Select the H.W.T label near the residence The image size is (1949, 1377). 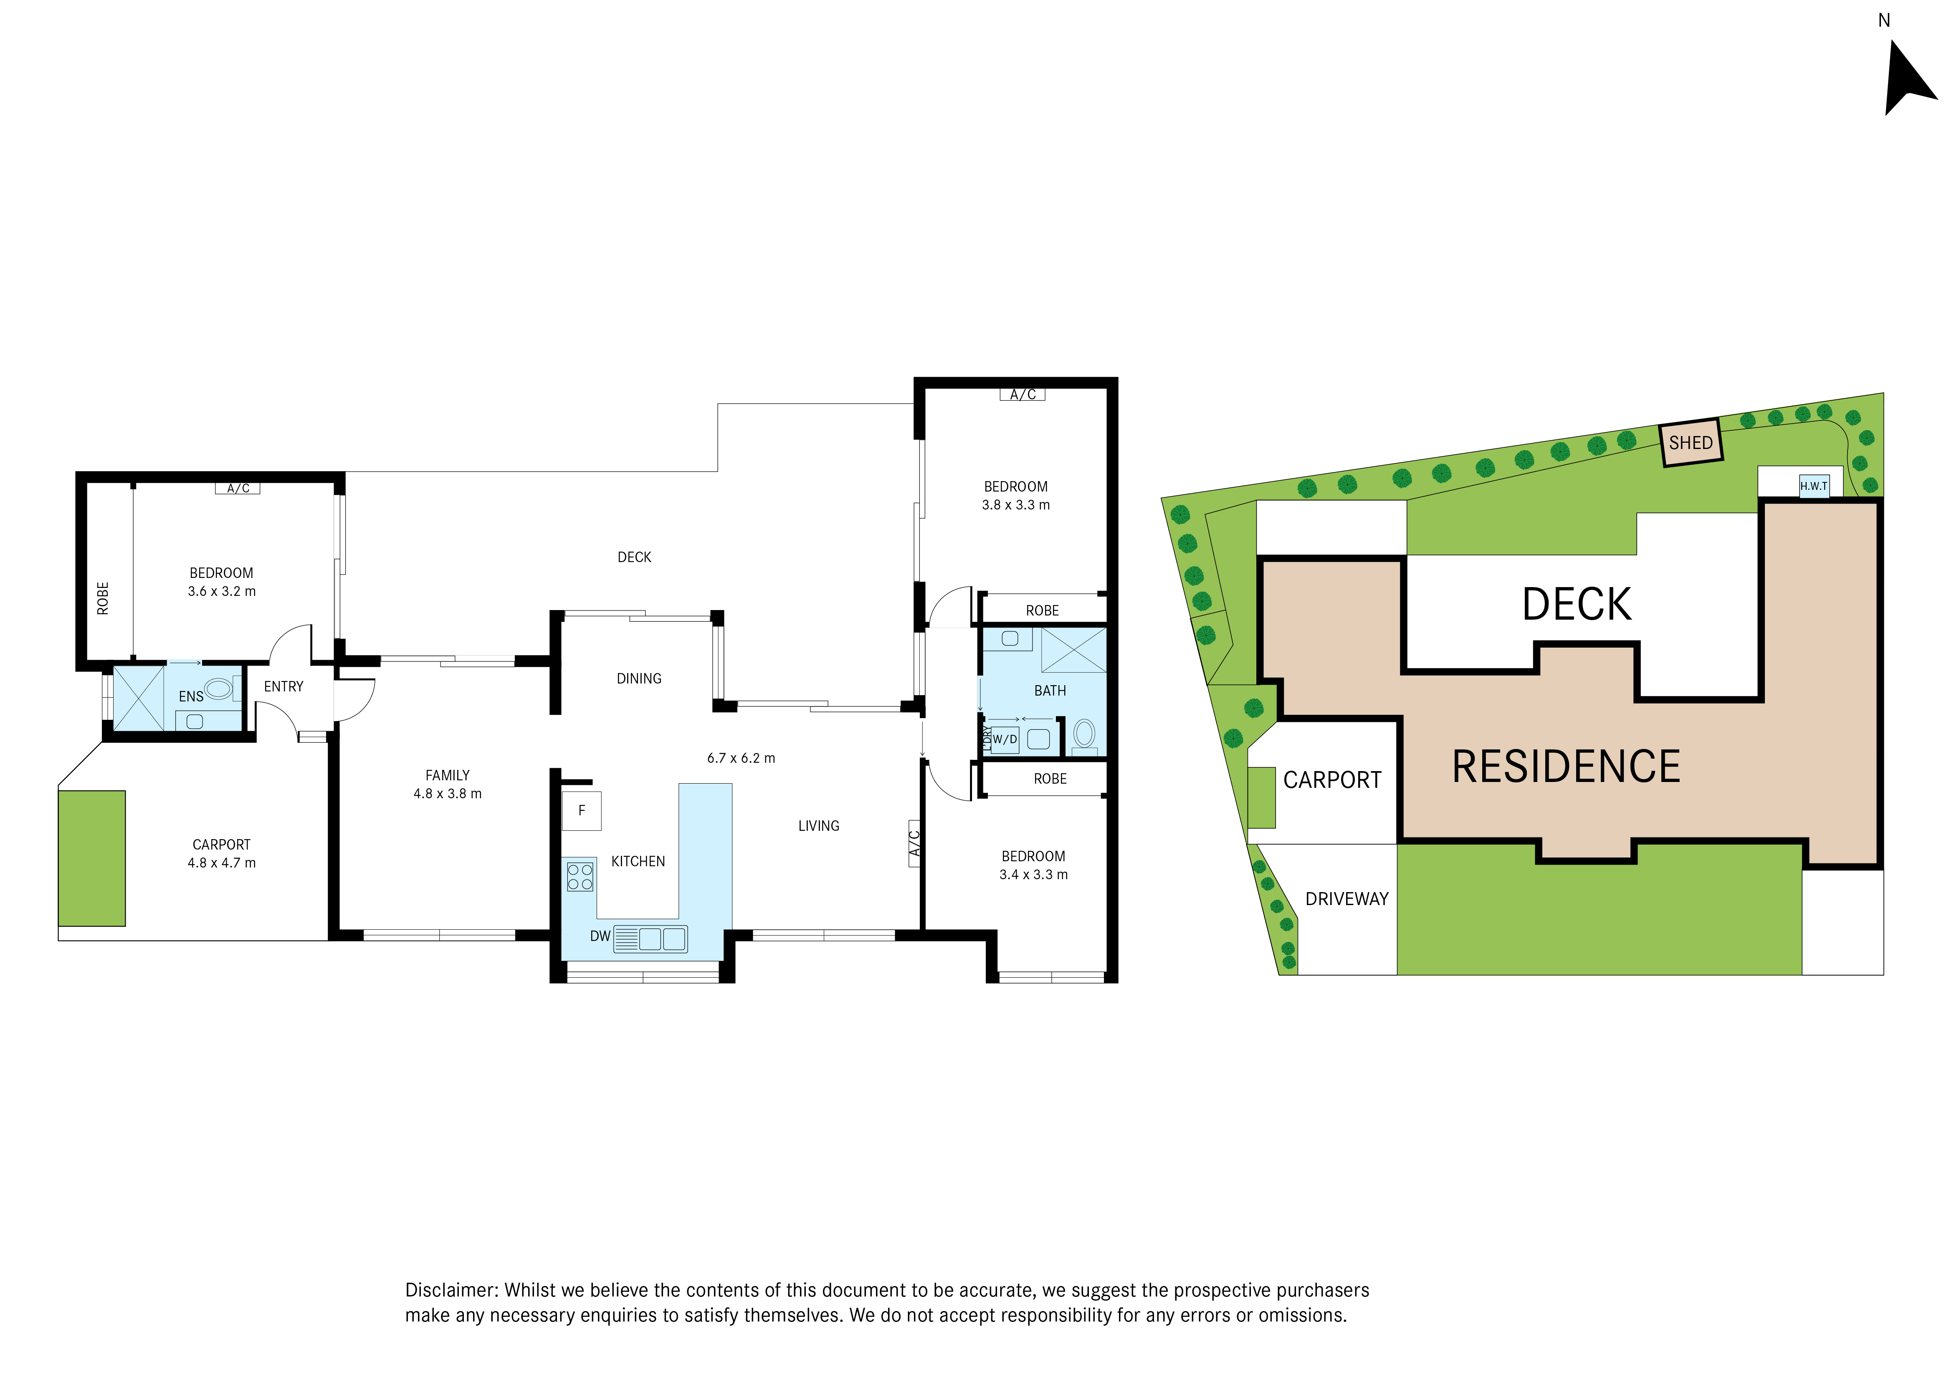[1814, 486]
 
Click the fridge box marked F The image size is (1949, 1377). [582, 810]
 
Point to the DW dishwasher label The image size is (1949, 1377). [600, 936]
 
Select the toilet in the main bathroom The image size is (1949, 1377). [1084, 735]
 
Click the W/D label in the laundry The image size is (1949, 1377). [1005, 739]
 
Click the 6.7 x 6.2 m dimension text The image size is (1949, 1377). [741, 758]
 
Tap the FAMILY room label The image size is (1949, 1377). [447, 774]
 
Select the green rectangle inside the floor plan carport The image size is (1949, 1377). [92, 858]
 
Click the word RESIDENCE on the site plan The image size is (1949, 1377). [1566, 766]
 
